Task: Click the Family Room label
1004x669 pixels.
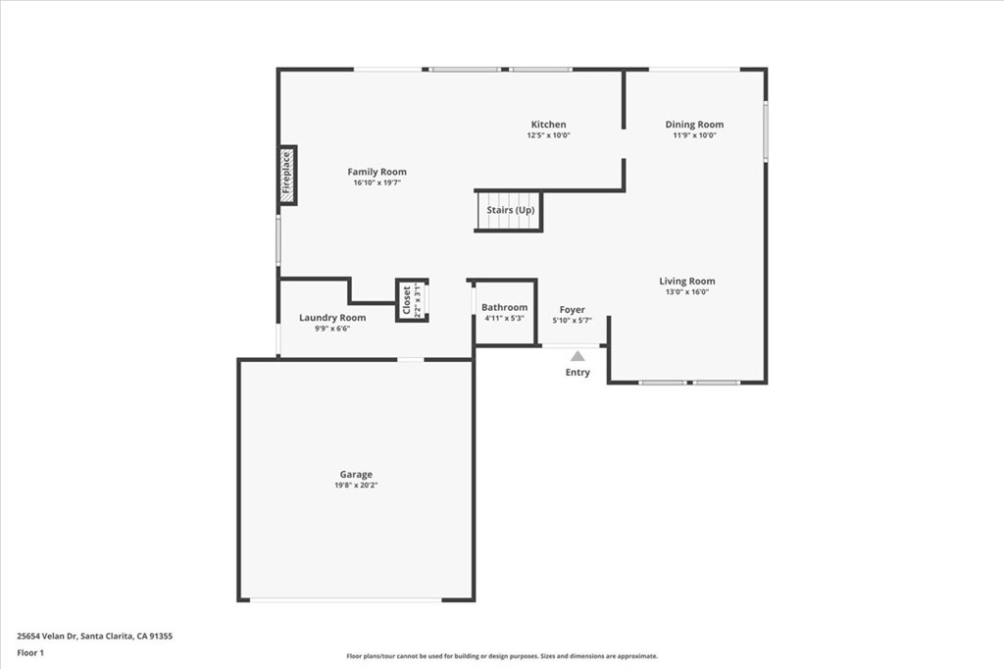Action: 376,172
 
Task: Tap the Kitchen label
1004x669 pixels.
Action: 548,125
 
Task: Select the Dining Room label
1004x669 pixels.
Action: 694,125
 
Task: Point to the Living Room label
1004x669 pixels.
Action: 686,282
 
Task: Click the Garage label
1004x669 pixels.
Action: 356,475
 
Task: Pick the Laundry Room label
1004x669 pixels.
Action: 332,318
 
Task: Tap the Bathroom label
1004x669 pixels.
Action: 504,307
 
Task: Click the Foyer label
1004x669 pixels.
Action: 572,310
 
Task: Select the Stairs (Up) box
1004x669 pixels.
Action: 510,211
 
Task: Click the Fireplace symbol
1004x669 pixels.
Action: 286,175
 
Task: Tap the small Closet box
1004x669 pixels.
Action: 412,300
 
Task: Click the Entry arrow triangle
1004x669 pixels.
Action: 577,356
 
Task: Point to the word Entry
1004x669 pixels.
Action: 577,373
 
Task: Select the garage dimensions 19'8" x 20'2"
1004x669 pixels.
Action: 356,486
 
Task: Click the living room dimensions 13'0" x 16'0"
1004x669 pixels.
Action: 686,292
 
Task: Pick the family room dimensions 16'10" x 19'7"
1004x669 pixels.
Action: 376,182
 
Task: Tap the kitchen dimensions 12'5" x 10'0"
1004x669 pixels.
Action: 548,135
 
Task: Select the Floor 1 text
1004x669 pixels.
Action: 30,652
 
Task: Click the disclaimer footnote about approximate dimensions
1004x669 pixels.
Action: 501,656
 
